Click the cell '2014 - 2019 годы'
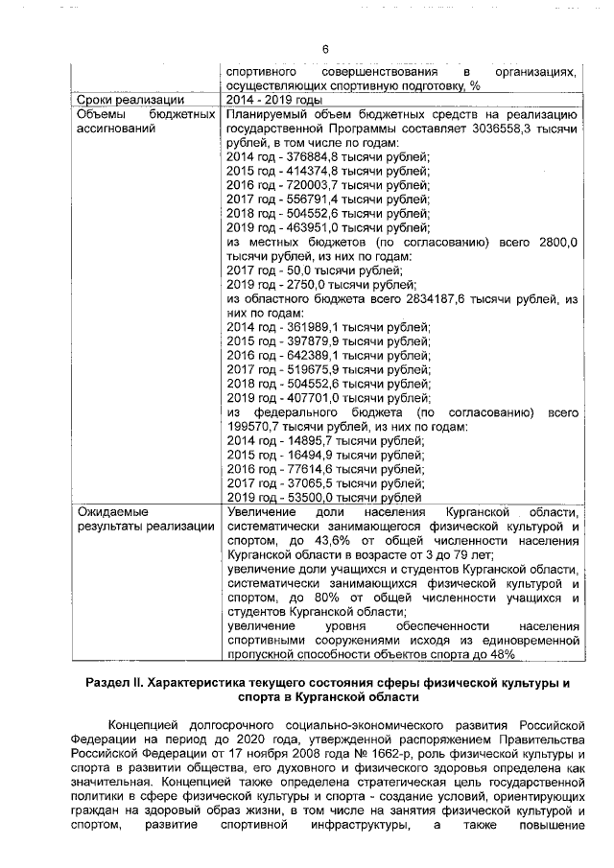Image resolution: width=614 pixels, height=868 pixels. pos(272,100)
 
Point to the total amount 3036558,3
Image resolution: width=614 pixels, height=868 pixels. pos(520,128)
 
